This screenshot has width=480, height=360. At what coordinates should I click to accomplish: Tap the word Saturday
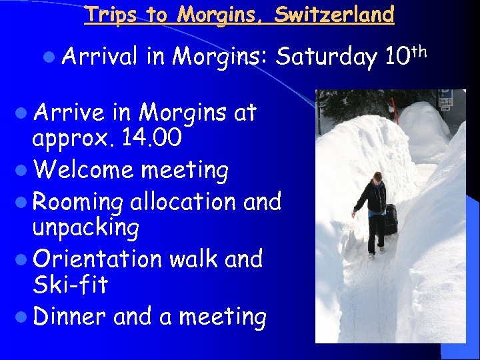(x=327, y=57)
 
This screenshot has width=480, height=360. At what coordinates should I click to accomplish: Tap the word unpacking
(x=85, y=229)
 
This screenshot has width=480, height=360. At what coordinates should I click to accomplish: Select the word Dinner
(x=70, y=316)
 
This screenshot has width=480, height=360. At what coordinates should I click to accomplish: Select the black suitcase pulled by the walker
(x=391, y=220)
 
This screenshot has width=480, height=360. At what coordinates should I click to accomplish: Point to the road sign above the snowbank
(x=445, y=98)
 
